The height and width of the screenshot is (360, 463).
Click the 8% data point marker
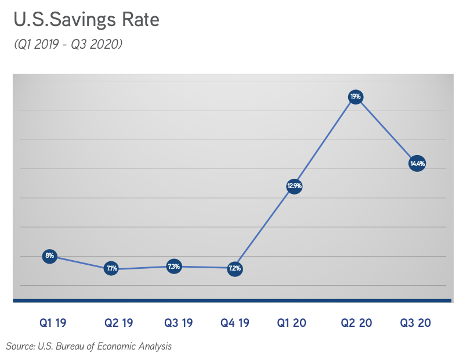coord(50,255)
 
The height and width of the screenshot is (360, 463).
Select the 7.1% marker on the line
coord(111,268)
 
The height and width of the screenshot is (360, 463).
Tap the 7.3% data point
coord(173,267)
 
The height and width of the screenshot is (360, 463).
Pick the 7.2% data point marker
coord(234,269)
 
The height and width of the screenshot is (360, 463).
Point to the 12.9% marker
coord(294,186)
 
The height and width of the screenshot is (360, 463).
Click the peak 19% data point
coord(356,96)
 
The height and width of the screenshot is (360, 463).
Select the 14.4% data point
coord(418,164)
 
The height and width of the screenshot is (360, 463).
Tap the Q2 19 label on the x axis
coord(119,323)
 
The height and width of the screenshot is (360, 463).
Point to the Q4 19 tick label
coord(235,323)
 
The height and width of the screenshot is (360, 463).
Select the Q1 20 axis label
coord(292,323)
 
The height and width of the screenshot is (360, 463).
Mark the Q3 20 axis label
coord(415,323)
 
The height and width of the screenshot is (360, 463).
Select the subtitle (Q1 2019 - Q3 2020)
coord(68,44)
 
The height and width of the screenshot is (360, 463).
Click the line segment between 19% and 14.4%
coord(387,130)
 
